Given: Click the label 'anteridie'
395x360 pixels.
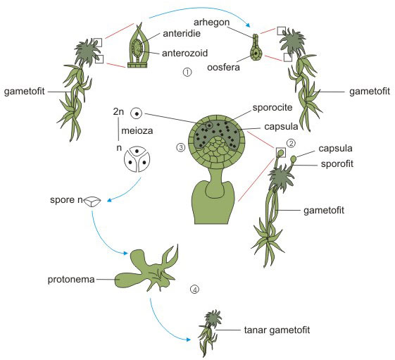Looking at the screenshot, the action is [x=182, y=34].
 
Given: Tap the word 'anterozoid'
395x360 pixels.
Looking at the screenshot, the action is [x=184, y=54].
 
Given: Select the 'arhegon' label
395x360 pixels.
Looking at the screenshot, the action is [x=212, y=23].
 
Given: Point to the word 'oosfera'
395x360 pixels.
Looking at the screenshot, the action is [x=223, y=68].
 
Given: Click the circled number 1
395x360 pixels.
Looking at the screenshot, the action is [x=187, y=73].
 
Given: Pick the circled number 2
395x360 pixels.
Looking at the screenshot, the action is [x=291, y=144].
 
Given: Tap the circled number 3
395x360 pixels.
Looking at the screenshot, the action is [x=181, y=147].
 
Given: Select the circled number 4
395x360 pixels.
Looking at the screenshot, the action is [x=195, y=289].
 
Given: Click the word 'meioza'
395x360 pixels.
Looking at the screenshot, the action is [x=137, y=131].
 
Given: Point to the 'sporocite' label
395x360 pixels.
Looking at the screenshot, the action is [x=272, y=108].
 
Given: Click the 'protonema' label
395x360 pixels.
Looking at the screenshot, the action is [x=71, y=280].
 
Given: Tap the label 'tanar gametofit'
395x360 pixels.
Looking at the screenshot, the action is [x=277, y=330].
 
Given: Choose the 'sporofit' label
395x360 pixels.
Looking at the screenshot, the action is [x=337, y=164].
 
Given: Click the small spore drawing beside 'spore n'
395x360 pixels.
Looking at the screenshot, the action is [x=92, y=201].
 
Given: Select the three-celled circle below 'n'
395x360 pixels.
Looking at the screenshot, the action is [x=137, y=159].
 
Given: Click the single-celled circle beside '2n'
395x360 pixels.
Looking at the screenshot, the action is [x=137, y=113].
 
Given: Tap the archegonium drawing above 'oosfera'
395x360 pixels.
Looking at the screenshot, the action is [x=256, y=48].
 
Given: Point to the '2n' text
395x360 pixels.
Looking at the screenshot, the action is [x=118, y=112].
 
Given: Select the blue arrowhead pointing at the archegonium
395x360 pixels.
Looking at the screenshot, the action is [x=248, y=25].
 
